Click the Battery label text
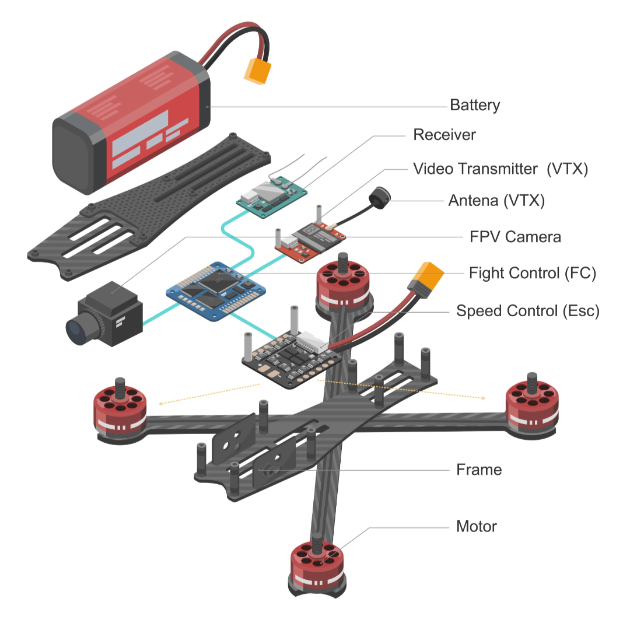tap(475, 106)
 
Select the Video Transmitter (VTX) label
tap(501, 169)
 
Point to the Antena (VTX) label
tap(496, 201)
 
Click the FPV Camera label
tap(515, 237)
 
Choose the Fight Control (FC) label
tap(532, 273)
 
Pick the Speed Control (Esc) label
tap(527, 311)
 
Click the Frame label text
tap(479, 470)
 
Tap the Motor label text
tap(476, 527)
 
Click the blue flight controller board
tap(216, 290)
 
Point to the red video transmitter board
tap(310, 242)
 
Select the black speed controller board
tap(292, 356)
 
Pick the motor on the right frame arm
tap(531, 402)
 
